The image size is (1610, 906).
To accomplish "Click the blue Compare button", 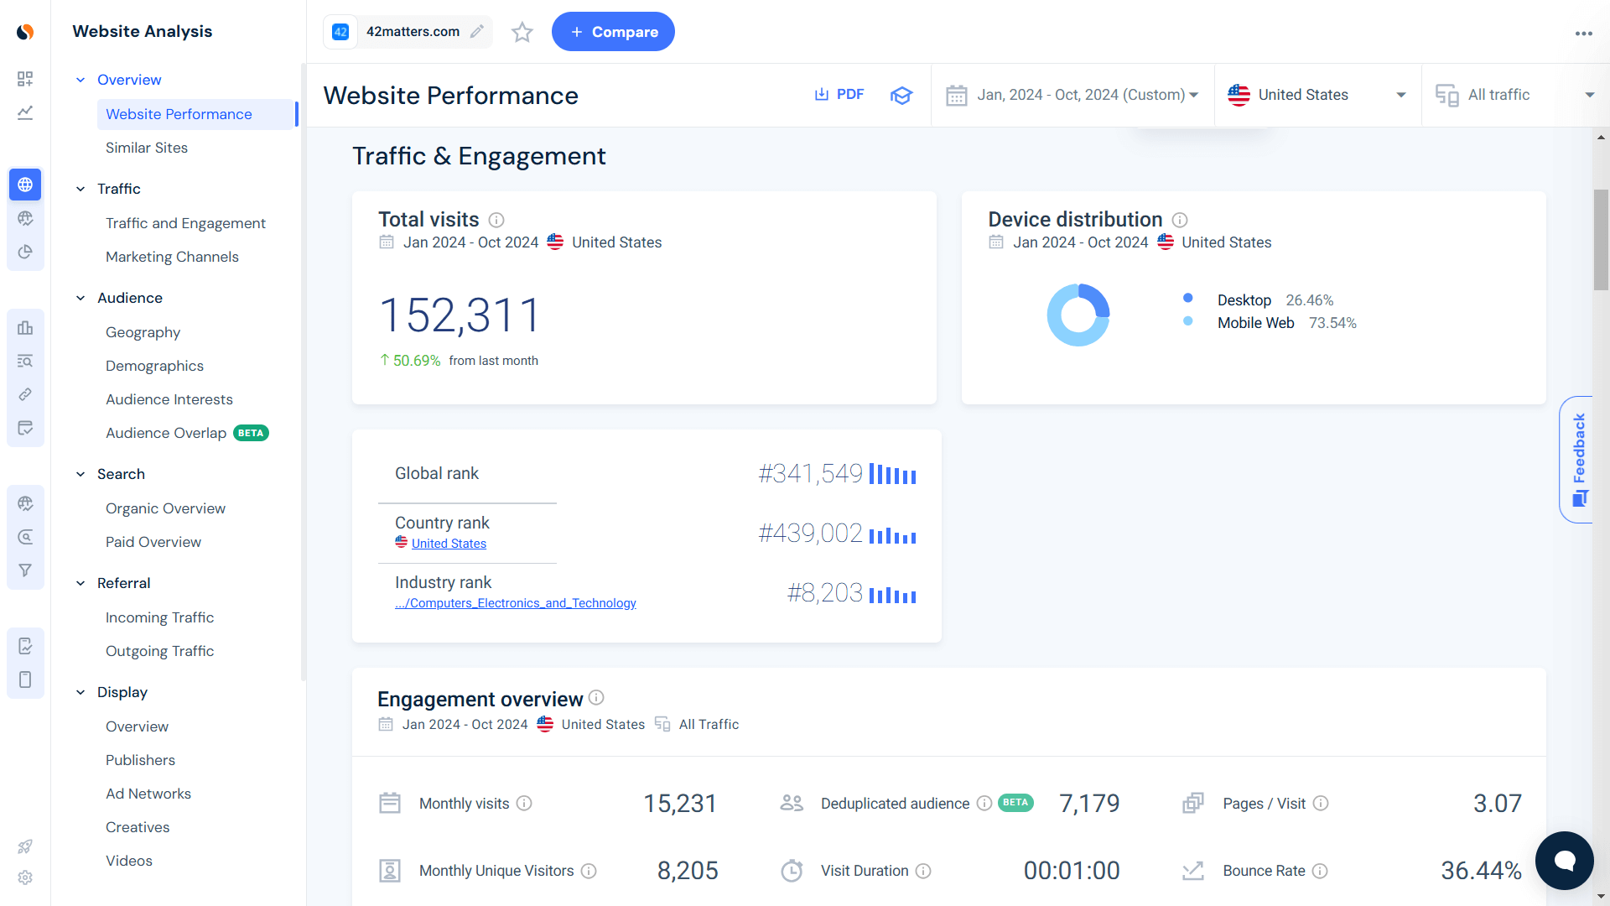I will [x=613, y=32].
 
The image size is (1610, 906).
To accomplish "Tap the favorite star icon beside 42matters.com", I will [x=522, y=32].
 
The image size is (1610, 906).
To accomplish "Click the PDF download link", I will [x=839, y=95].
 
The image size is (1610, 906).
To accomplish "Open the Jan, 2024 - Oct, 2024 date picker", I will [x=1072, y=95].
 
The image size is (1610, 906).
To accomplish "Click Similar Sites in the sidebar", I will [x=147, y=148].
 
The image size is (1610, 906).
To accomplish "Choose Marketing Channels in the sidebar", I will [x=172, y=257].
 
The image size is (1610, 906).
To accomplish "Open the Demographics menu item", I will [x=154, y=366].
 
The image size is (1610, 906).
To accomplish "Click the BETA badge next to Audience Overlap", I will [x=251, y=433].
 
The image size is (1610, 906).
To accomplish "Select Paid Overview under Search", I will [x=153, y=542].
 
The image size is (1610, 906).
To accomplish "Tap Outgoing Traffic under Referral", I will [x=159, y=651].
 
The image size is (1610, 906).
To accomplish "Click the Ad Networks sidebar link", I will [x=148, y=794].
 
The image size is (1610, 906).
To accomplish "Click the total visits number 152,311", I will [x=460, y=315].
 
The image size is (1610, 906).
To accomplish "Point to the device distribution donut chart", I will [x=1078, y=315].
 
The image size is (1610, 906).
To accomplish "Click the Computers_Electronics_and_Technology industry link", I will [x=516, y=603].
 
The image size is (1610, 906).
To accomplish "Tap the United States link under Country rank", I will [x=449, y=544].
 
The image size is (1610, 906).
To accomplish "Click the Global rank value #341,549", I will [x=810, y=474].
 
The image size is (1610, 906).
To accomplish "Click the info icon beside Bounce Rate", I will [x=1320, y=871].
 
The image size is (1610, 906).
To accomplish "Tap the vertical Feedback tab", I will [x=1578, y=459].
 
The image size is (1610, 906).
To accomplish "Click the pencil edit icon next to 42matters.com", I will [x=477, y=32].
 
